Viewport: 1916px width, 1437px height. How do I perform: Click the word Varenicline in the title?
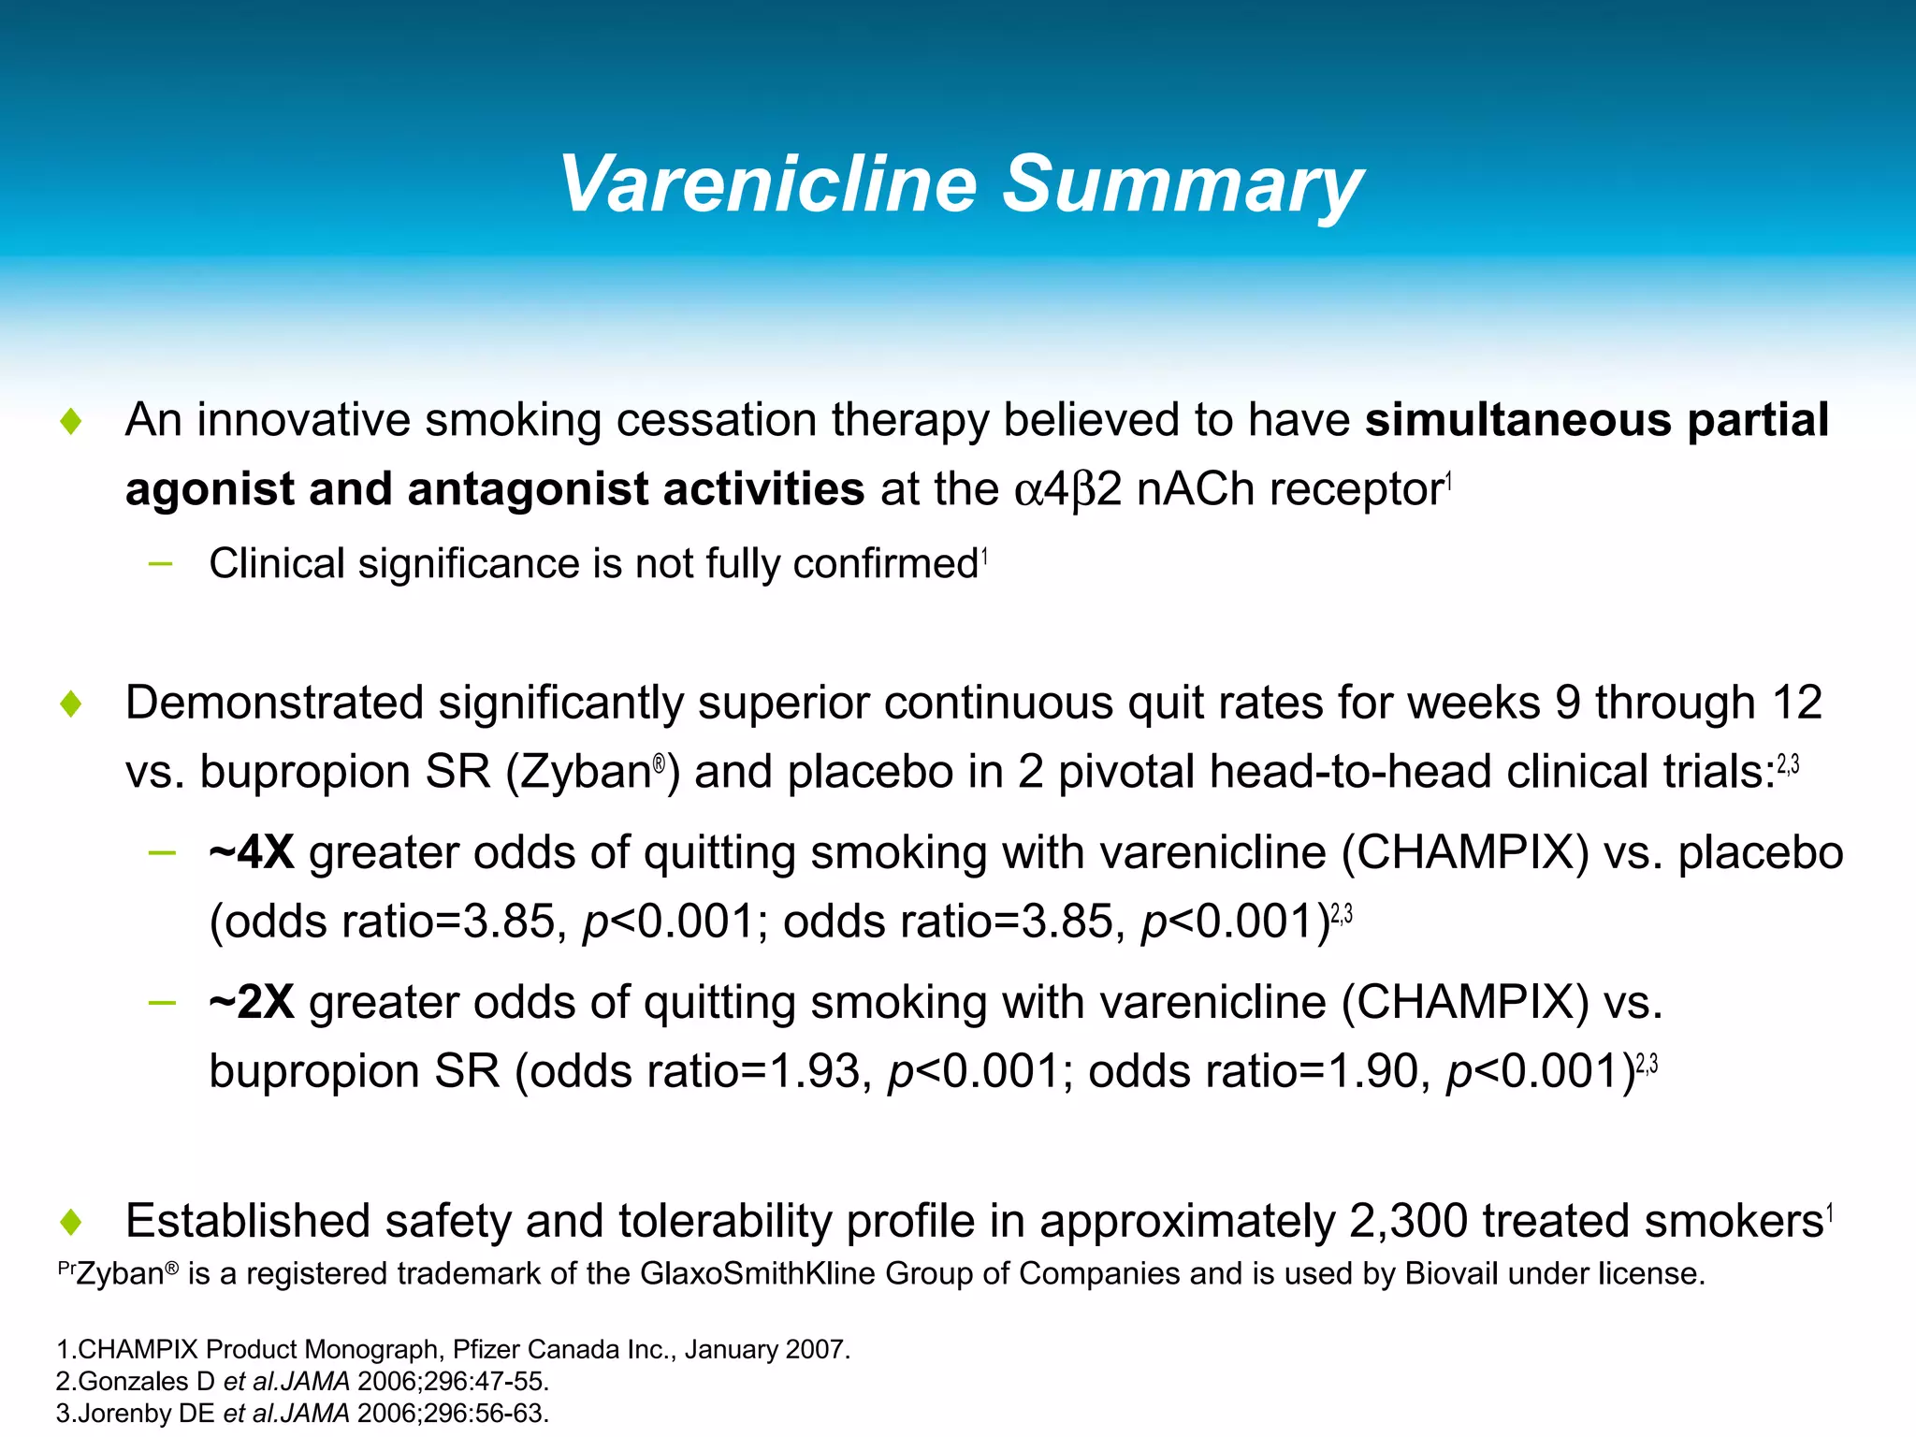click(x=767, y=184)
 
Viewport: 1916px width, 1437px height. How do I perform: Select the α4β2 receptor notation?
click(x=1067, y=489)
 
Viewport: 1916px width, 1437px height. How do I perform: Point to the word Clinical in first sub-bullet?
click(x=277, y=564)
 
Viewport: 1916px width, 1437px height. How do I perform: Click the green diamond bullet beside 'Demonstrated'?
click(x=71, y=704)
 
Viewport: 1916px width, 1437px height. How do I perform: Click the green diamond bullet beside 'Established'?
click(x=71, y=1222)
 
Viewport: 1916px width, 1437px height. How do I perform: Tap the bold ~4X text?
click(x=252, y=852)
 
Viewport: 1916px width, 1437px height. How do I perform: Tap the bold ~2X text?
click(x=252, y=1002)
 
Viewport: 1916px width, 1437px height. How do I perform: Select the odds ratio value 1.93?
click(x=814, y=1071)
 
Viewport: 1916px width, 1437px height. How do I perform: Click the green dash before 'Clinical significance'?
click(x=161, y=564)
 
